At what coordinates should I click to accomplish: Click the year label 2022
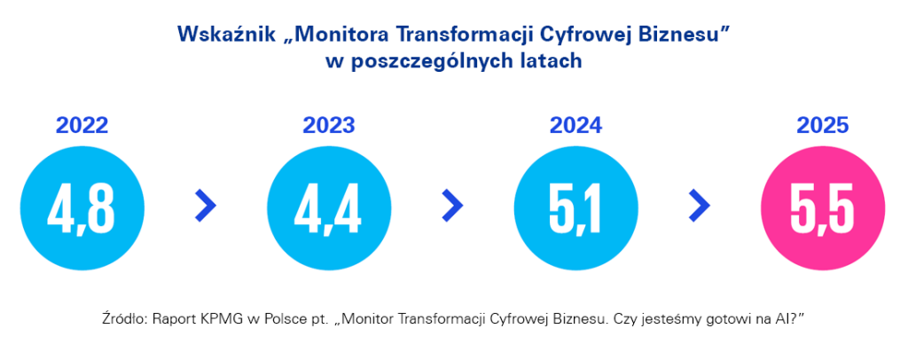[x=82, y=126]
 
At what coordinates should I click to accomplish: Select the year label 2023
[x=329, y=126]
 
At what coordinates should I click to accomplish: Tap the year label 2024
[x=575, y=126]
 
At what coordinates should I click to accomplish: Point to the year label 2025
[x=822, y=126]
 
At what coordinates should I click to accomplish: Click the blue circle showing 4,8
[x=82, y=207]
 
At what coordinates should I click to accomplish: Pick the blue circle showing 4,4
[x=329, y=207]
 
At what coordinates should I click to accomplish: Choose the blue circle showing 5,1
[x=575, y=207]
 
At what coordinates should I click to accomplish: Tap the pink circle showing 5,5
[x=822, y=207]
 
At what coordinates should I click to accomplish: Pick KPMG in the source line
[x=209, y=320]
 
